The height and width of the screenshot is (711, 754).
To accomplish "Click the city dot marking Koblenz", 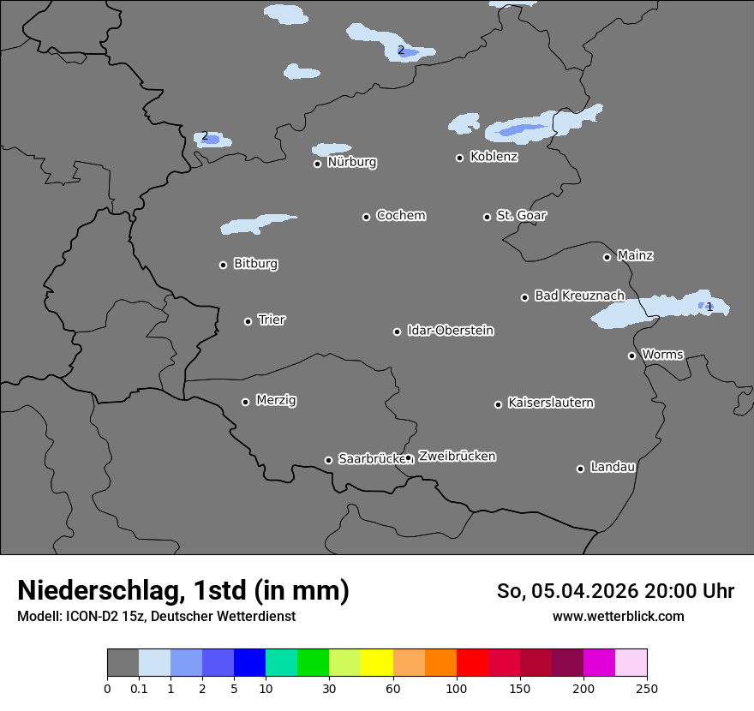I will (459, 158).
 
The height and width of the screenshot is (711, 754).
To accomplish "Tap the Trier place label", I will (272, 320).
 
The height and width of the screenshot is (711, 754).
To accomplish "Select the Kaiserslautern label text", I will (550, 403).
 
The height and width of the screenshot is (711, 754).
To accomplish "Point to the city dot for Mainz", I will (607, 257).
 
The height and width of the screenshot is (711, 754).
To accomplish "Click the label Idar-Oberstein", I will (450, 330).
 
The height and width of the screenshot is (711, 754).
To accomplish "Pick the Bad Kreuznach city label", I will (579, 296).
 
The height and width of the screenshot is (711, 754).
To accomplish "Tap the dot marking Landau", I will (580, 469).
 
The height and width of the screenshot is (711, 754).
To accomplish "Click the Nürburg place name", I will (351, 162).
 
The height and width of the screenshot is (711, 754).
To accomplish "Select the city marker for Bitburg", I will (223, 265).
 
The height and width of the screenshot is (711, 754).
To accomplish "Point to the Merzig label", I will (276, 400).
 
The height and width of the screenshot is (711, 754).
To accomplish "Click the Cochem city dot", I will (366, 217).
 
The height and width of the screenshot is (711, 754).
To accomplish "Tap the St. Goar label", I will (521, 215).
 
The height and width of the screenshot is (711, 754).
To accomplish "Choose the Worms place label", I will (662, 354).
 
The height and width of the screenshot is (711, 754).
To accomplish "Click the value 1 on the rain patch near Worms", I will (709, 307).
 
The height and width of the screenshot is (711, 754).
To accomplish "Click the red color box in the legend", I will (472, 663).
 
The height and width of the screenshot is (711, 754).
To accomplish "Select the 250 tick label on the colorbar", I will (647, 689).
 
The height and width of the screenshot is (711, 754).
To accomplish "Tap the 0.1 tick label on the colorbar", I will (139, 689).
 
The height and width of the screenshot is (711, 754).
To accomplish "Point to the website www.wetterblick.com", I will (618, 616).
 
